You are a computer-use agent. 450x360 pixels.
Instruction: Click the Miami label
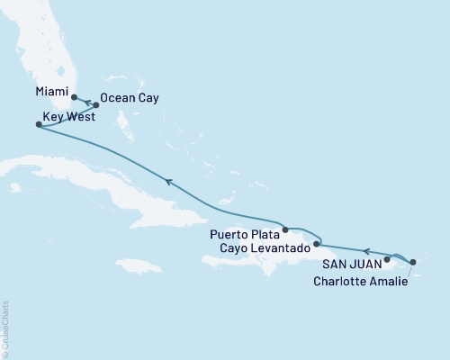[50, 91]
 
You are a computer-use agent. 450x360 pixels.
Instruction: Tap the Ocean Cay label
[130, 98]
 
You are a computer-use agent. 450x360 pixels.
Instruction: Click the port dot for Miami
[75, 98]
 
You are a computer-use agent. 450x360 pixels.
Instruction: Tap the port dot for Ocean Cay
[96, 105]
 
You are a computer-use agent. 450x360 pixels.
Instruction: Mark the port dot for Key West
[38, 125]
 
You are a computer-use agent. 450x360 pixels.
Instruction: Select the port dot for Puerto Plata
[284, 229]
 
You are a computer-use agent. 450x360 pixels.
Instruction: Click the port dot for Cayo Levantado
[316, 243]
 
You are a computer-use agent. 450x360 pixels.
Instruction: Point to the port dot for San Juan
[387, 260]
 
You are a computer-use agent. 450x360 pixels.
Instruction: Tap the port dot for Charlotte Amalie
[412, 262]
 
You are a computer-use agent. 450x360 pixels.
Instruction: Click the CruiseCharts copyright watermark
[6, 329]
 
